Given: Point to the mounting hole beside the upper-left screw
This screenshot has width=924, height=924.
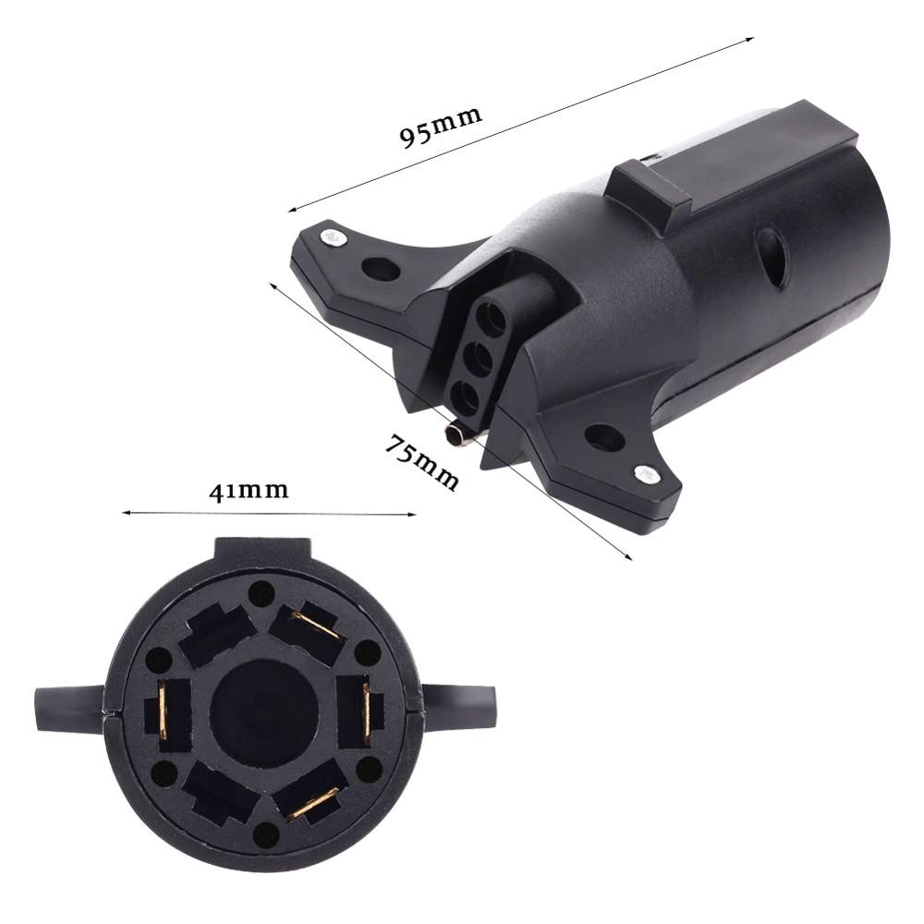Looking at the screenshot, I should pos(380,269).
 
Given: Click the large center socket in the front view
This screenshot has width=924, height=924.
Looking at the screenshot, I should pos(264,712).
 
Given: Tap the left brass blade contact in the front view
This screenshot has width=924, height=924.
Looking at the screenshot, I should pos(165,713).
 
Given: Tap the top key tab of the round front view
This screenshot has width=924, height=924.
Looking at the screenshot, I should pos(264,553).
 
